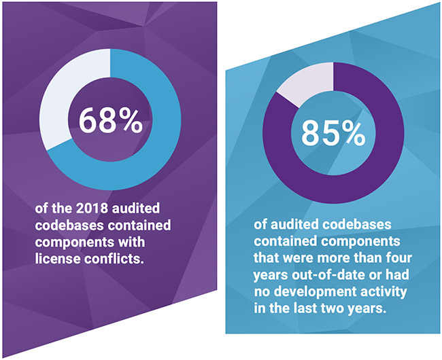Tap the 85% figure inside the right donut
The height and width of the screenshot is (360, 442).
tap(333, 134)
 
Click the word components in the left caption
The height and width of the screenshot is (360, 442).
tap(71, 240)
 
